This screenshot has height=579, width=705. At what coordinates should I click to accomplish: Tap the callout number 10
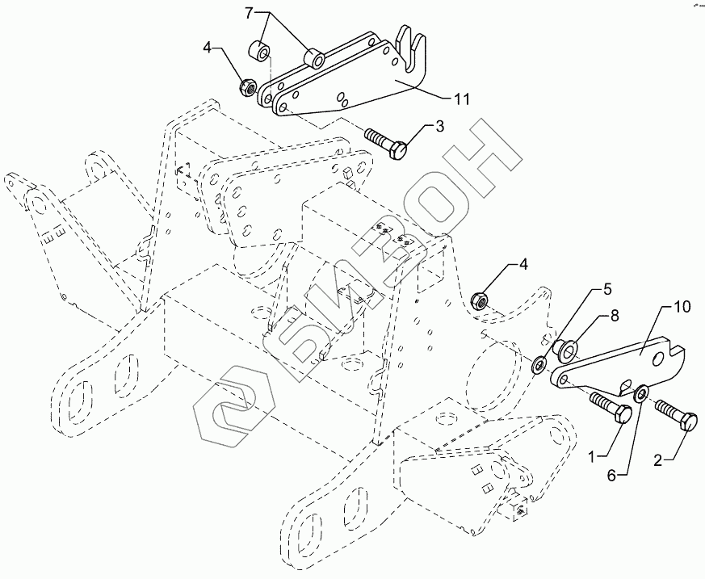tap(681, 307)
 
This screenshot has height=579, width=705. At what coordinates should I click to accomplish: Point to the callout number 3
tap(440, 126)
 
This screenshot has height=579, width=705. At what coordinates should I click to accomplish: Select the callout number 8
tap(615, 316)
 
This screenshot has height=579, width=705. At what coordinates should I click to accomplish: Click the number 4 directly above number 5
tap(524, 264)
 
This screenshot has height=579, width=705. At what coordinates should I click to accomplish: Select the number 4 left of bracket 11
tap(208, 48)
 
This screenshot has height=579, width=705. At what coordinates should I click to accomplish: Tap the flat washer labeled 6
tap(640, 392)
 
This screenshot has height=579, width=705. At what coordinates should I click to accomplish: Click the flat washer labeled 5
tap(539, 364)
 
